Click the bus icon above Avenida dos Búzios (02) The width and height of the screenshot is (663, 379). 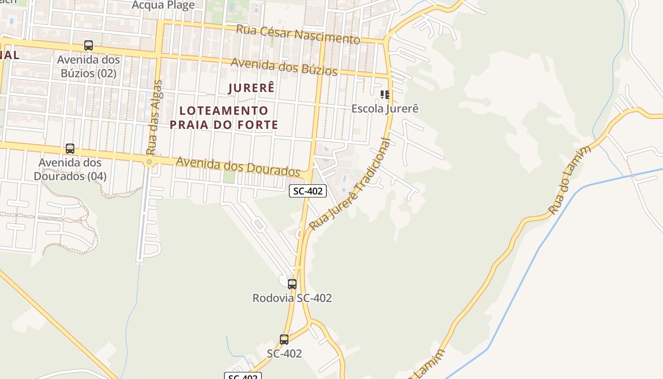tap(89, 45)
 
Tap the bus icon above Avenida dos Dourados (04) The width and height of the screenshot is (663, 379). tap(70, 149)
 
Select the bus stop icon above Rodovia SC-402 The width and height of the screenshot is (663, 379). tap(292, 284)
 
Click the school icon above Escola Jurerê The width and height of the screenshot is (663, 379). tap(385, 95)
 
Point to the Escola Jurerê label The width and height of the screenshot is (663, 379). tap(385, 108)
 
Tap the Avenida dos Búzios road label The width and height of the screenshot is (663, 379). tap(284, 67)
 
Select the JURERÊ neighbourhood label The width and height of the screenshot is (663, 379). tap(251, 88)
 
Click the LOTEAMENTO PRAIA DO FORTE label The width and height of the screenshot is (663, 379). tap(224, 117)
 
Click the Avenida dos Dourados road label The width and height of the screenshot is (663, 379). tap(238, 166)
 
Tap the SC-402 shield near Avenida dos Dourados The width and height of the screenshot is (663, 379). tap(308, 191)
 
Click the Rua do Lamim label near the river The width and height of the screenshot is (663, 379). tap(570, 180)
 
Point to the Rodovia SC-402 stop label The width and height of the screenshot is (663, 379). tap(292, 298)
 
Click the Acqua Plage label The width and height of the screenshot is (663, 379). tap(163, 5)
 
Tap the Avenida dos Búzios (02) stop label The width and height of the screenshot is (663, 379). tap(89, 66)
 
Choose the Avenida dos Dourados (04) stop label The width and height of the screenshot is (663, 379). tap(70, 169)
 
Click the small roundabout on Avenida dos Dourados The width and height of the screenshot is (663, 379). tap(149, 162)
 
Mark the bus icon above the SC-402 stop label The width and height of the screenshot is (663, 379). tap(284, 340)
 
